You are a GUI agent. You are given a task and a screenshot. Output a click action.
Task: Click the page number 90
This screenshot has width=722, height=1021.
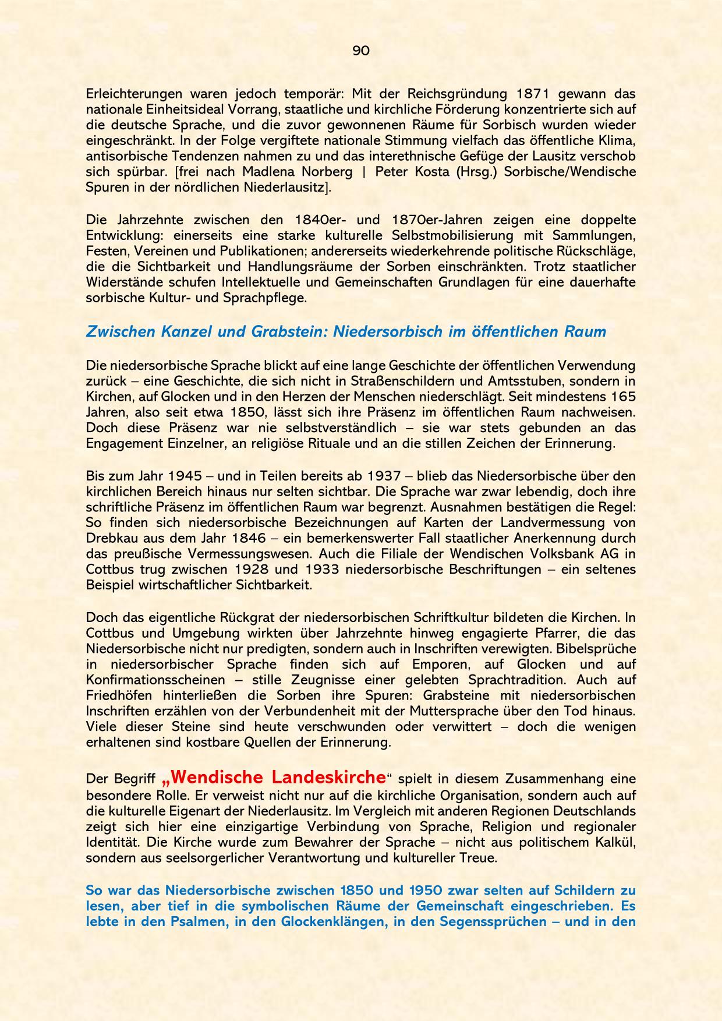[x=361, y=51]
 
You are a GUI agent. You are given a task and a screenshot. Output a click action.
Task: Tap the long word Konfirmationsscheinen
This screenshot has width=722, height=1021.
[x=155, y=680]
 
